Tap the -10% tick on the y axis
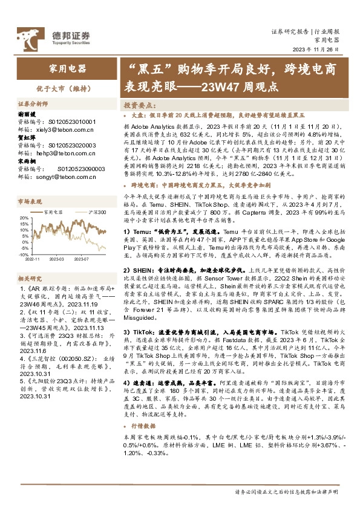(x=23, y=254)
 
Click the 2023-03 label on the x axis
(x=58, y=259)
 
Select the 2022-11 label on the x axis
(x=34, y=259)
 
